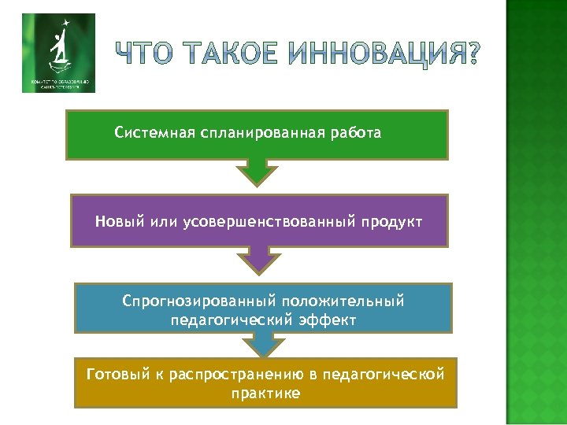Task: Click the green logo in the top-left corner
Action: (x=58, y=53)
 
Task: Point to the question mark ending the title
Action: (x=467, y=54)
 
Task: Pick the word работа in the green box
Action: (x=356, y=133)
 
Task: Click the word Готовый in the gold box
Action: (x=113, y=373)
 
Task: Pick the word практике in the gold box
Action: (x=265, y=393)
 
